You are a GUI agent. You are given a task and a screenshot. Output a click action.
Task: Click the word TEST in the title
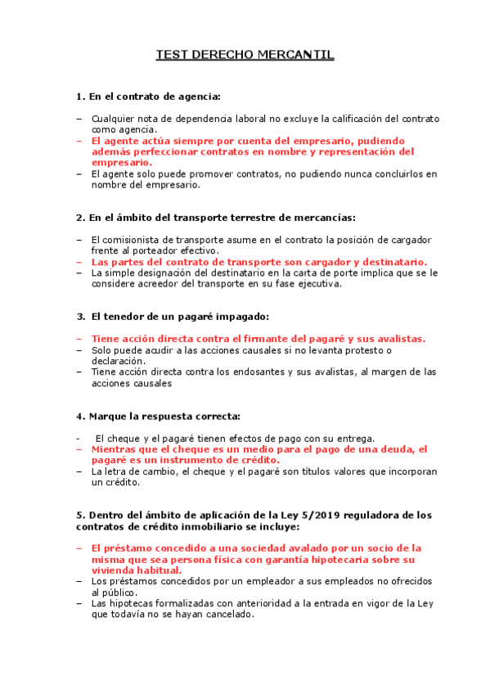click(173, 56)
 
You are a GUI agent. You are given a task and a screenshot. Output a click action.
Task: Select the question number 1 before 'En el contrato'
click(79, 97)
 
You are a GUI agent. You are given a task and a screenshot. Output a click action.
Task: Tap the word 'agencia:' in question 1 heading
click(200, 97)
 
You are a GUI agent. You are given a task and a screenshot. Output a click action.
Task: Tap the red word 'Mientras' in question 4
click(115, 449)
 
